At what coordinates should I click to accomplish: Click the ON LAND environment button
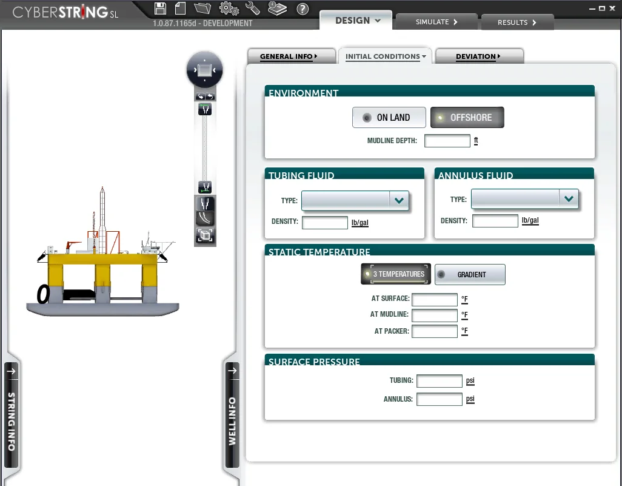tap(389, 118)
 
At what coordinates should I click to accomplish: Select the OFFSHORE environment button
tap(467, 118)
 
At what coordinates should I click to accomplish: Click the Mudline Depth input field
tap(447, 141)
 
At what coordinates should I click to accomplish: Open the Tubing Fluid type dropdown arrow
tap(399, 200)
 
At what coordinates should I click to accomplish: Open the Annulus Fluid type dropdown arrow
tap(569, 199)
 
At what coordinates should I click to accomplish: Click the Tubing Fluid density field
tap(325, 222)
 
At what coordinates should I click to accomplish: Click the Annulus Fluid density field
tap(495, 221)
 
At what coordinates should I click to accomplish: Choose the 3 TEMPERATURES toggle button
tap(396, 274)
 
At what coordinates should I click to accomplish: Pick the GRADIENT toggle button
tap(470, 274)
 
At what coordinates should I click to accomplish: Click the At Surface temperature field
tap(435, 299)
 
